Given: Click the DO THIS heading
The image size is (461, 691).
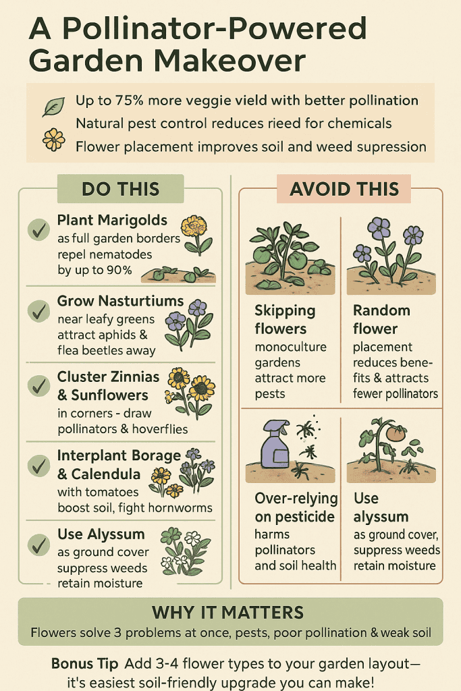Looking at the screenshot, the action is point(120,189).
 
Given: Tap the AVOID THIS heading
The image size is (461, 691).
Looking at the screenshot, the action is point(344,189).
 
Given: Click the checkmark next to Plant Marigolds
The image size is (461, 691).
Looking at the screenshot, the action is point(38,229).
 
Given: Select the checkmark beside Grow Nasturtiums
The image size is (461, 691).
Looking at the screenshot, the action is point(38,311).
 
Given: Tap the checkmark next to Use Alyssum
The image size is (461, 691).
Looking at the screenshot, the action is point(38,545).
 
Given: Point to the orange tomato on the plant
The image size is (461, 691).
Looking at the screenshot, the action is point(396,434).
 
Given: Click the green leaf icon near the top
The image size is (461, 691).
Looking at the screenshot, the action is point(53,106).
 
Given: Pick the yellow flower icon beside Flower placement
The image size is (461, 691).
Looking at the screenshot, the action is point(54,140).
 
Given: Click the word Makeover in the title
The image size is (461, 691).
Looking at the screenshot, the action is point(229,60).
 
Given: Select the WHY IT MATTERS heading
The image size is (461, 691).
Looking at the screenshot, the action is point(228,613).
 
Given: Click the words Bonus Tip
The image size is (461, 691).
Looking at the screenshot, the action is point(84,663).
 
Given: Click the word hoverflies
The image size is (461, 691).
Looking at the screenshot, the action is point(160,429).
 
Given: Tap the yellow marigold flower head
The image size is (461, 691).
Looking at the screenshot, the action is point(194,226).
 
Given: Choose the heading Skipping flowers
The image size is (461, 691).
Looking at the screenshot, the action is point(285,319).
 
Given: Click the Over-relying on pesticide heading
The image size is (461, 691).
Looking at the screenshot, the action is point(296,507).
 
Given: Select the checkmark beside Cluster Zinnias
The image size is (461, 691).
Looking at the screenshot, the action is point(38,386).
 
